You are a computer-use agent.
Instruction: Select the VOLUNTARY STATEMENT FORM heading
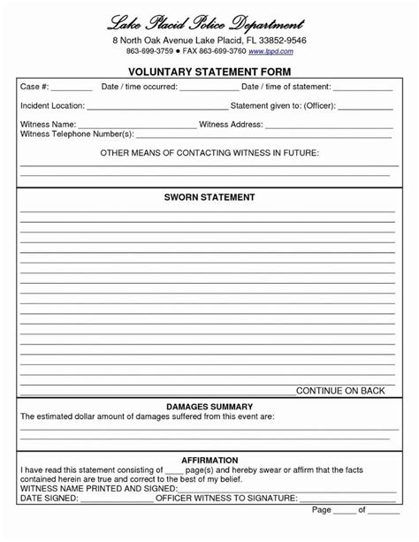[x=209, y=71]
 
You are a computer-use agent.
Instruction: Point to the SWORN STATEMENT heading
[x=209, y=196]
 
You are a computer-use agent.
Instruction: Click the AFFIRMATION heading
[x=209, y=460]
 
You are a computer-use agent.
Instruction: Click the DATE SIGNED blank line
[x=116, y=498]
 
